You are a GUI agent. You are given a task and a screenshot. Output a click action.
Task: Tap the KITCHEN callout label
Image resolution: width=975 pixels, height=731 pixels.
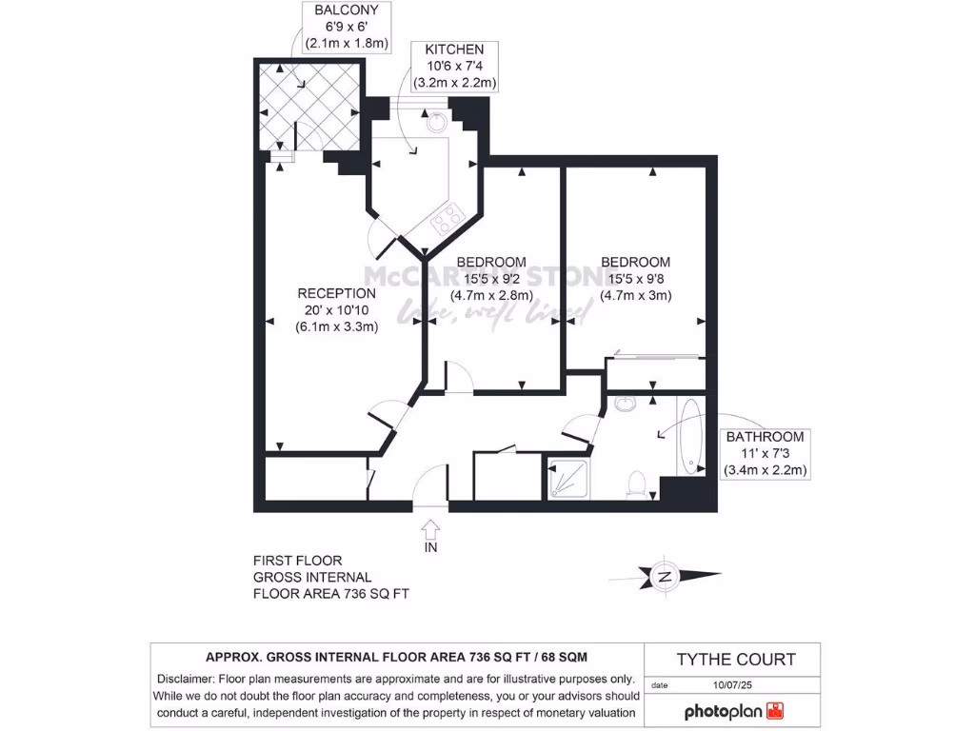(x=453, y=49)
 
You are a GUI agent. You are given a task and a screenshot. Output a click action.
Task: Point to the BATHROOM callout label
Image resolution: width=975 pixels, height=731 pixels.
(x=765, y=437)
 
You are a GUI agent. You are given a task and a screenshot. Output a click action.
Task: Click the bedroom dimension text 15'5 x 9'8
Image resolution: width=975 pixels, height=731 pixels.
(x=635, y=278)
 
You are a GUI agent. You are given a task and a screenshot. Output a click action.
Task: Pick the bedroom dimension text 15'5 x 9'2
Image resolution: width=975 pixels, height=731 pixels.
(x=490, y=278)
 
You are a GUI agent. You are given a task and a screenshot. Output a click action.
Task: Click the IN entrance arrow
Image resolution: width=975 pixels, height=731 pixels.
(x=429, y=526)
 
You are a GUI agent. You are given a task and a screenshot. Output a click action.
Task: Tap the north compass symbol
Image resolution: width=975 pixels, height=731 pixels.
(x=664, y=575)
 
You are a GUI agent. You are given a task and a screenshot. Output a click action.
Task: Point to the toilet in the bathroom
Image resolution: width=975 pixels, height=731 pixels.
(x=638, y=484)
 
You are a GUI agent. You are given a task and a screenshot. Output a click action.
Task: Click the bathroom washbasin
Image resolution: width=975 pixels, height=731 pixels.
(x=625, y=405)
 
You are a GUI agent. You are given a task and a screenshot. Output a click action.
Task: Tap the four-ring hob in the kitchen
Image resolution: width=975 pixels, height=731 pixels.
(x=446, y=223)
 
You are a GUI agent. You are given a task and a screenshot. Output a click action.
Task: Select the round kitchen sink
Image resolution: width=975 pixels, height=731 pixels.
(x=435, y=122)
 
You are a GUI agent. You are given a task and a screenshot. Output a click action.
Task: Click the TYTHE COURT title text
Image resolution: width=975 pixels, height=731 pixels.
(x=735, y=659)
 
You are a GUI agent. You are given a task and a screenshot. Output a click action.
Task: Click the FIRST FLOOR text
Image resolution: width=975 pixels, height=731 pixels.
(x=297, y=561)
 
